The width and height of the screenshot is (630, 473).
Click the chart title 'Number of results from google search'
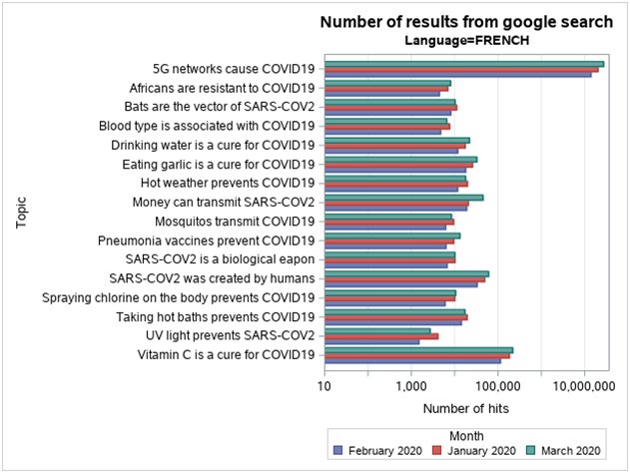(x=465, y=22)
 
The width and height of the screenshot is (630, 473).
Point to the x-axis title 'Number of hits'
(x=465, y=408)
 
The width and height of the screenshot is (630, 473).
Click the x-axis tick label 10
(x=324, y=385)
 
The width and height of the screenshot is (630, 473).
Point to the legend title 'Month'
(x=466, y=435)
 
